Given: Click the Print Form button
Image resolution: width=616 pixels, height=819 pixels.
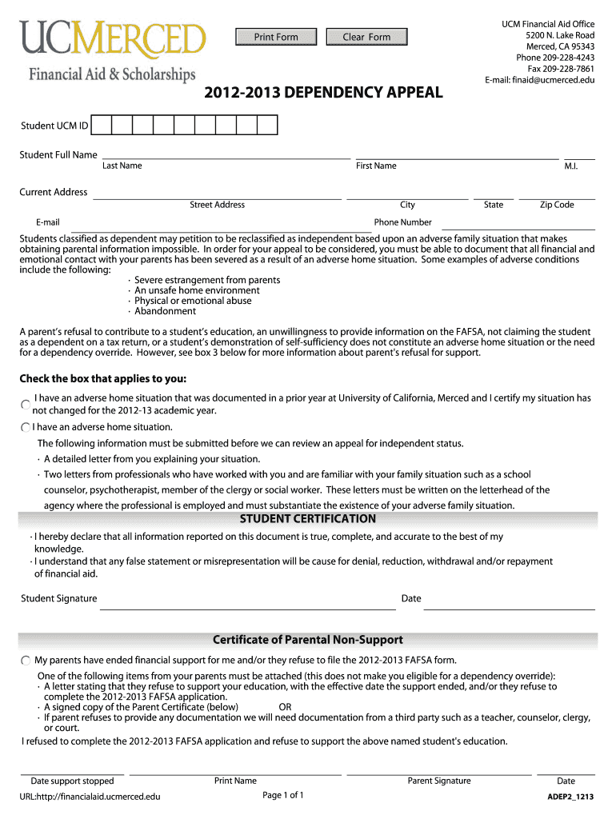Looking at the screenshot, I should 276,37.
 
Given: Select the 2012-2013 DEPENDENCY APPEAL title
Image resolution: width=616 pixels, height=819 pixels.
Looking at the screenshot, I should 322,92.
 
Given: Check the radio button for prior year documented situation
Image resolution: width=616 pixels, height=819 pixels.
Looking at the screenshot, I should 26,404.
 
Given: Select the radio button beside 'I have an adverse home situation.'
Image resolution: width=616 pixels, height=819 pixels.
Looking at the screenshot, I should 26,428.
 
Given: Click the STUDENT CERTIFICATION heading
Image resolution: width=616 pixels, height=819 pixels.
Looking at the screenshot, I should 308,519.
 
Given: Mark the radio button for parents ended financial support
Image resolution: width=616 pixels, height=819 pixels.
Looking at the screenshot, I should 26,661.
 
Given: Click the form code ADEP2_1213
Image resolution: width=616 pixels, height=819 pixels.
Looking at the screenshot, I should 570,797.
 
